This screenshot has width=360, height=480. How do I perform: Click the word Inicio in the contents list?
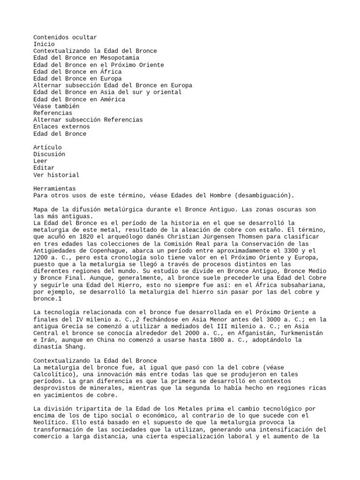tap(44, 44)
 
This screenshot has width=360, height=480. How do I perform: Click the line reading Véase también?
tap(56, 106)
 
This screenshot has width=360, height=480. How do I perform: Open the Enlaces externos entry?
tap(61, 127)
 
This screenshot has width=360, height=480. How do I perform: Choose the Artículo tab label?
tap(47, 147)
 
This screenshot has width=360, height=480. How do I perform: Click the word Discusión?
tap(49, 154)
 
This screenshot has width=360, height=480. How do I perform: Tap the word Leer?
tap(40, 161)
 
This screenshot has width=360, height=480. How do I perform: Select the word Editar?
tap(44, 168)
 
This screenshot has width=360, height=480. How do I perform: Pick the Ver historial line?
tap(56, 175)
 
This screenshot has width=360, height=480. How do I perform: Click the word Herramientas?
tap(54, 188)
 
